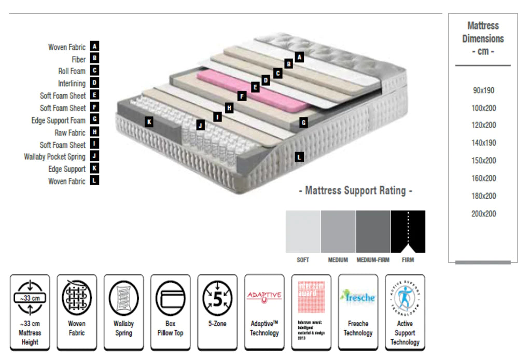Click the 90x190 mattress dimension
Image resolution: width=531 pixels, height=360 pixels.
pos(483,90)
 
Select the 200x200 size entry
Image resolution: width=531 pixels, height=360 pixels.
pos(483,214)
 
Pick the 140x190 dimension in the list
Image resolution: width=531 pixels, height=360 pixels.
pos(483,143)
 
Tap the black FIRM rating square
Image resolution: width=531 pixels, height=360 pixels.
pos(408,231)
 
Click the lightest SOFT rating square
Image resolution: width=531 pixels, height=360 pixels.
pos(303,231)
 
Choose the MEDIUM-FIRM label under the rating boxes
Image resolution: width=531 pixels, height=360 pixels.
pos(373,260)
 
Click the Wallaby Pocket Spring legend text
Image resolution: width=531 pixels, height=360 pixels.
pos(54,157)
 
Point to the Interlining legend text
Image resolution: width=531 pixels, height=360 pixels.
pos(72,83)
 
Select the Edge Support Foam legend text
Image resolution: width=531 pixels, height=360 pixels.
pos(58,120)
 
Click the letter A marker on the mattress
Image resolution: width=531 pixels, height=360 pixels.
pos(299,57)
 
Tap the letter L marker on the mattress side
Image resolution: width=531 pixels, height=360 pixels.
pos(299,156)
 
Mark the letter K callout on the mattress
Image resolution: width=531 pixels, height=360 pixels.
pos(149,122)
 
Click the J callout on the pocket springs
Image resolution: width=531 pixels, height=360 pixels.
pos(200,125)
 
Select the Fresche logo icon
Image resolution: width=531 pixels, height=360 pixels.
pos(358,297)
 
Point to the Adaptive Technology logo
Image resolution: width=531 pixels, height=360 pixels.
pos(264,296)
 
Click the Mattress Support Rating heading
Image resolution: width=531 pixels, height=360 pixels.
pos(356,190)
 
